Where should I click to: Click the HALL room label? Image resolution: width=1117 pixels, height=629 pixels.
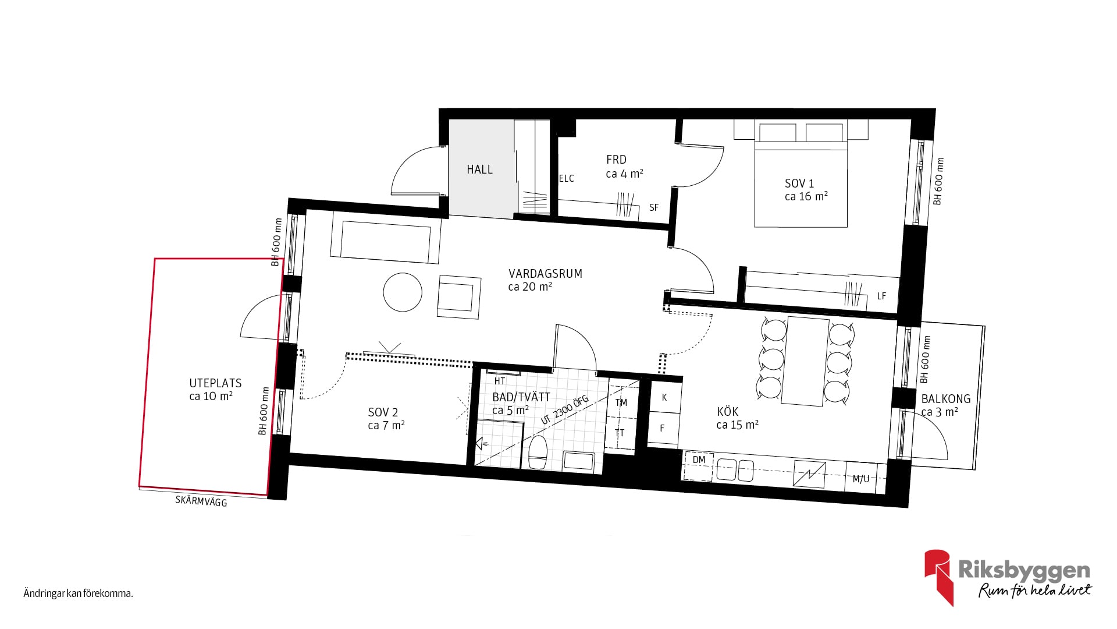[x=479, y=169]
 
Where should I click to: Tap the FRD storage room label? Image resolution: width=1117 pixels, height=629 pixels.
[x=616, y=160]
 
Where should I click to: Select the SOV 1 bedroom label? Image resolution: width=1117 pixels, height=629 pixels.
[x=799, y=183]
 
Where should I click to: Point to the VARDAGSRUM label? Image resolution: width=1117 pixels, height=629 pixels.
[x=545, y=274]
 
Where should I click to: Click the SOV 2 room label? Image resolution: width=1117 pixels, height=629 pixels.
[x=383, y=412]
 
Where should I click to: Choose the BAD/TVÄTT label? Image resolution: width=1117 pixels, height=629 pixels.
[x=521, y=397]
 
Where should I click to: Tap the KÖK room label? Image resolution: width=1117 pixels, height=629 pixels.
[x=728, y=412]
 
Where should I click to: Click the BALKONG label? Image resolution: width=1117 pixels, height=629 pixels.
[x=946, y=399]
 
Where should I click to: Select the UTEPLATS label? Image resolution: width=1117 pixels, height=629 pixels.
[x=215, y=383]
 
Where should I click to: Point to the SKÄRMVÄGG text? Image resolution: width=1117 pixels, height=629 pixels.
[x=201, y=501]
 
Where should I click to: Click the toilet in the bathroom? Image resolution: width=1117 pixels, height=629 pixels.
[x=538, y=452]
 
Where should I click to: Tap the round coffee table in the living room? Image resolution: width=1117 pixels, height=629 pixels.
[x=403, y=292]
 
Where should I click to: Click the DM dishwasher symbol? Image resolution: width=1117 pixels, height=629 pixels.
[x=699, y=466]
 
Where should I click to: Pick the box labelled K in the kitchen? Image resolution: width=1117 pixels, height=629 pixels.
[x=664, y=397]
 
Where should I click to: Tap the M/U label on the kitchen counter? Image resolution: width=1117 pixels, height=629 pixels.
[x=861, y=479]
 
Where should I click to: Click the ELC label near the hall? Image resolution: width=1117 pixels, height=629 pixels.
[x=567, y=179]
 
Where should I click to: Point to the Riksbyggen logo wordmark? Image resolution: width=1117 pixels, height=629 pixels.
[x=1023, y=570]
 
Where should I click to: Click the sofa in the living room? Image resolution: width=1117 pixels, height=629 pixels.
[x=386, y=238]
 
